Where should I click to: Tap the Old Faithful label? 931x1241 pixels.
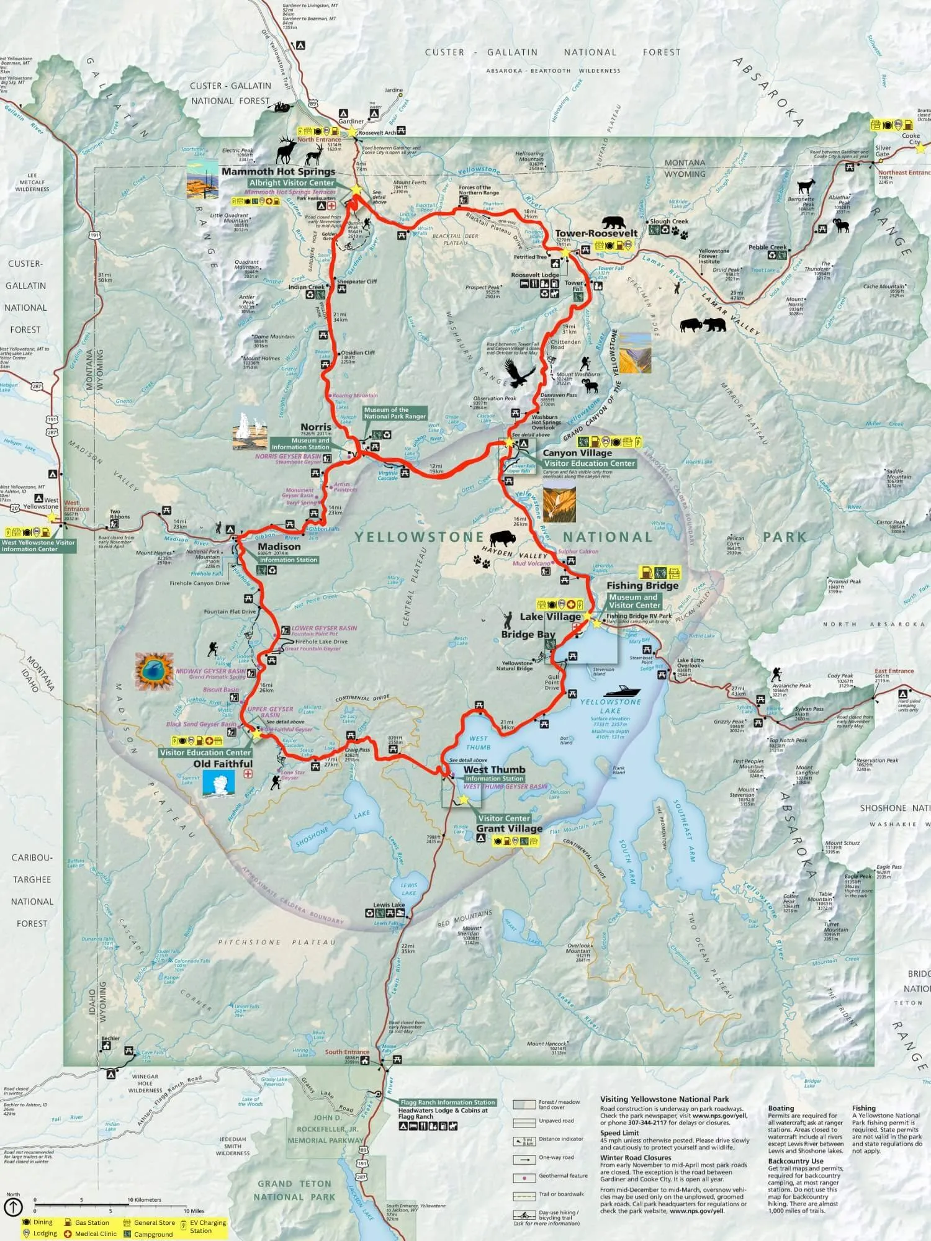click(x=223, y=764)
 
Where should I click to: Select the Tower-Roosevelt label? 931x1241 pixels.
click(x=596, y=233)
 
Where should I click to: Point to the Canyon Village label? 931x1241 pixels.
click(x=577, y=453)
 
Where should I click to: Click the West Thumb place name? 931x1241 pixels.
click(x=494, y=769)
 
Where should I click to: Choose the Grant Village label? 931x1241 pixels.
click(x=509, y=828)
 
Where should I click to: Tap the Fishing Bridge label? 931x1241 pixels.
click(x=642, y=585)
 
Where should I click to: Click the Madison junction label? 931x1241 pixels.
click(x=279, y=547)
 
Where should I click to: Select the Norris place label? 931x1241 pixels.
click(x=316, y=427)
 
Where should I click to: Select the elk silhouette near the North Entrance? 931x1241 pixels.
click(x=287, y=150)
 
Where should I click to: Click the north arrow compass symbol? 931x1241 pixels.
click(x=13, y=1207)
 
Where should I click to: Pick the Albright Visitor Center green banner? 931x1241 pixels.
click(x=292, y=183)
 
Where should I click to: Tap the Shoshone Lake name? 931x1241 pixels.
click(x=312, y=837)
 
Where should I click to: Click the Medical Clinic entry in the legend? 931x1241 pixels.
click(x=95, y=1234)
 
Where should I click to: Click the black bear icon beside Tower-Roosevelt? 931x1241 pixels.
click(x=614, y=222)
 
